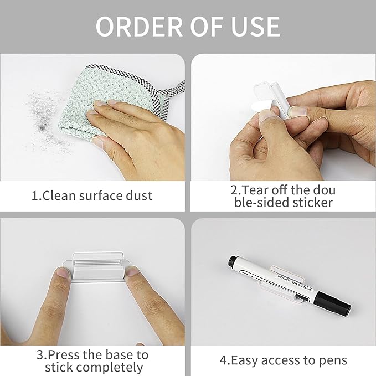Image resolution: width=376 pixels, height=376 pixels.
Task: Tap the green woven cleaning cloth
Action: point(94,89)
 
